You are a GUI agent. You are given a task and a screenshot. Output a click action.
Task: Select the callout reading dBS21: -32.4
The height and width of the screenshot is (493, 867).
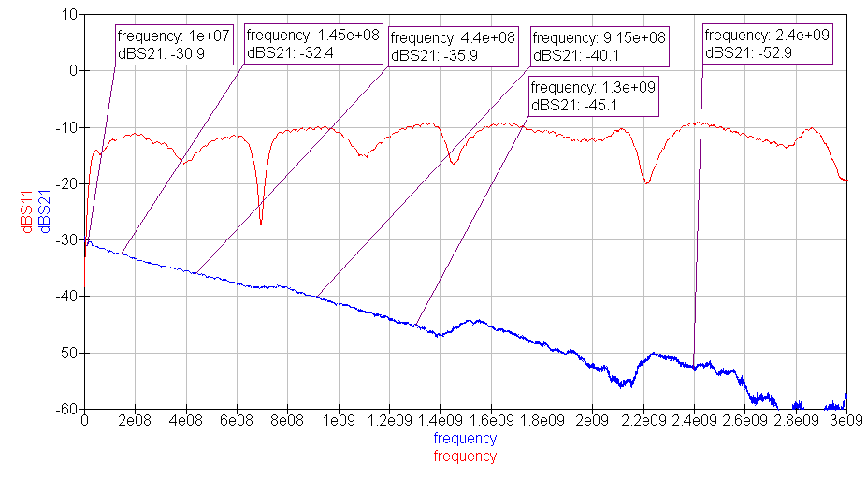pyautogui.click(x=312, y=44)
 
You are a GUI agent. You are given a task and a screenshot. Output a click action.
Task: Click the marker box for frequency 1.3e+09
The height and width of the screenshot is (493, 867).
pyautogui.click(x=594, y=96)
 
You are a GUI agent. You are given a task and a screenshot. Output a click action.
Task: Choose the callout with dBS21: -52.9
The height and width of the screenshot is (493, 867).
pyautogui.click(x=768, y=44)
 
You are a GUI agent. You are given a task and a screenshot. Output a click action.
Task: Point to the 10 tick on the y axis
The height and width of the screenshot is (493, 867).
pyautogui.click(x=69, y=14)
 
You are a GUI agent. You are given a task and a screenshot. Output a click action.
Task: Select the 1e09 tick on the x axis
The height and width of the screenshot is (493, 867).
pyautogui.click(x=339, y=422)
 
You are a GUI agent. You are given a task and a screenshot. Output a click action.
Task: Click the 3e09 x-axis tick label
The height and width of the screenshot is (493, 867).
pyautogui.click(x=845, y=422)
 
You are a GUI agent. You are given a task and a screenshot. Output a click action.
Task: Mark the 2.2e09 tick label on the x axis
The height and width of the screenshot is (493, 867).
pyautogui.click(x=643, y=422)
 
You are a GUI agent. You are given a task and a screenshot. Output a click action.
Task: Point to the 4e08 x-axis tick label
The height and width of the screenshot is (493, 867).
pyautogui.click(x=186, y=422)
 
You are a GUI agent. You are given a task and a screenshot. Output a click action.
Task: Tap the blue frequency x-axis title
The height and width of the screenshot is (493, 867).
pyautogui.click(x=465, y=438)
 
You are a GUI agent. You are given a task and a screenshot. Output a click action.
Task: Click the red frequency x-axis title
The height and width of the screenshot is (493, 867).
pyautogui.click(x=465, y=457)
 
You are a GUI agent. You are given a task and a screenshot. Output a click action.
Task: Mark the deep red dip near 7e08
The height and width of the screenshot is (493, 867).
pyautogui.click(x=261, y=222)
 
